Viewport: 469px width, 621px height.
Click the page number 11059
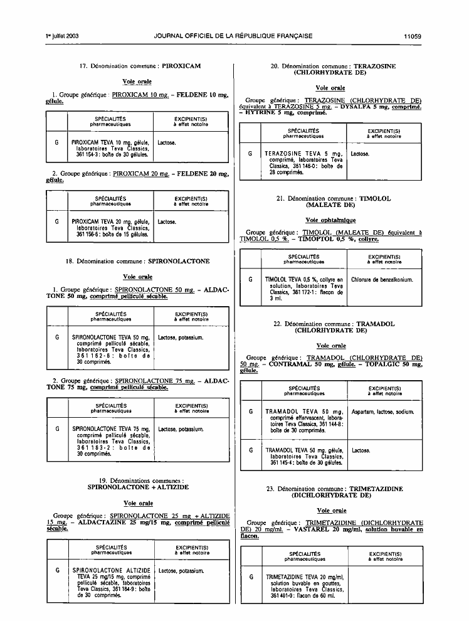(413, 36)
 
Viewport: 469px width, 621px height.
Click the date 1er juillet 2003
(63, 36)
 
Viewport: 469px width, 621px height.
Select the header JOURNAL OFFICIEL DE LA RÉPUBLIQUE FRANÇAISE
(233, 36)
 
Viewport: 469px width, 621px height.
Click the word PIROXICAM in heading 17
(181, 66)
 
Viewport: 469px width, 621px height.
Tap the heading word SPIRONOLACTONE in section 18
(179, 262)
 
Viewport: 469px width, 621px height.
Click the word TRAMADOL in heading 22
(376, 324)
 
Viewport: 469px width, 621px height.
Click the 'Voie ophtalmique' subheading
(330, 220)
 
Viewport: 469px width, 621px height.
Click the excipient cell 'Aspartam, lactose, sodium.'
(382, 412)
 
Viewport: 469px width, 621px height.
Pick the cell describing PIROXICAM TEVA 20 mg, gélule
(111, 228)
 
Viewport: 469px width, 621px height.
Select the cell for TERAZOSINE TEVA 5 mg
(303, 162)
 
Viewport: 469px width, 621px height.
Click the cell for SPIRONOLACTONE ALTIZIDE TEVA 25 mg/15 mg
(111, 583)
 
